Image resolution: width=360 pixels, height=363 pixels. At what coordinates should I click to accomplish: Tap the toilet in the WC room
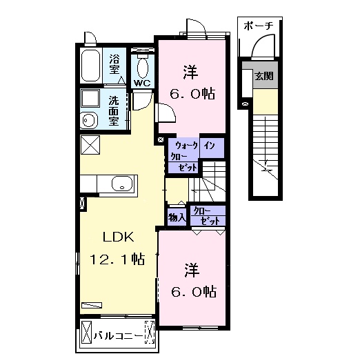[x=143, y=68]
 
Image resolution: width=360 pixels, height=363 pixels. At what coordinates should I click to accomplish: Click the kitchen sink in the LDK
[x=121, y=184]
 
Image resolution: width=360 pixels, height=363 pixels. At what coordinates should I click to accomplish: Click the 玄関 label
[x=263, y=76]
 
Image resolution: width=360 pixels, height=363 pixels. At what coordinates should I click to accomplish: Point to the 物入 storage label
[x=177, y=217]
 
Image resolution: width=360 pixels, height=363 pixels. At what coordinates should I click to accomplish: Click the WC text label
[x=142, y=84]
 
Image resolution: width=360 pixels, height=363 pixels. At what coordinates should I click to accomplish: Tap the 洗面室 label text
[x=114, y=110]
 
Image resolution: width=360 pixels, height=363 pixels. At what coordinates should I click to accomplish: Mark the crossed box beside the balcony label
[x=87, y=336]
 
